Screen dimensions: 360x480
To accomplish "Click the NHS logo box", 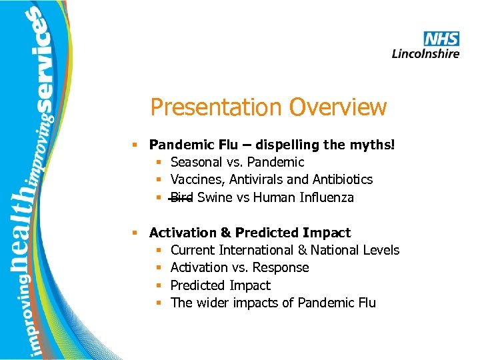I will coord(441,39).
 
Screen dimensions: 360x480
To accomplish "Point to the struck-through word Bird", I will coord(181,197).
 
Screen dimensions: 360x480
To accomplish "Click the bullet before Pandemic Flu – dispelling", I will coord(135,145).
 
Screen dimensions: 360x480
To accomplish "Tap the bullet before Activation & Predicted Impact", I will coord(135,233).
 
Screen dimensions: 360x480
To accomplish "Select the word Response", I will coord(285,267).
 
